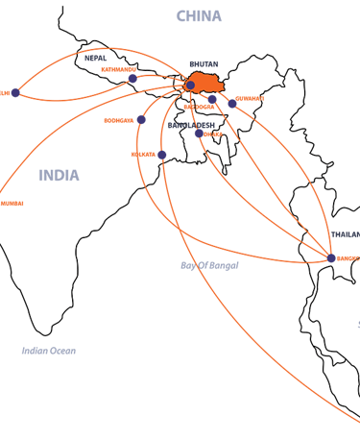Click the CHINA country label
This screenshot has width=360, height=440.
[x=199, y=16]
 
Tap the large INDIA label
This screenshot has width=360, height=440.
[x=60, y=176]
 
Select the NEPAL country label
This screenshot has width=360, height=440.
[x=95, y=58]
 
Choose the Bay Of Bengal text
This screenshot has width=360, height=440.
[x=209, y=264]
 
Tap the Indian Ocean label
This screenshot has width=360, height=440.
[x=48, y=351]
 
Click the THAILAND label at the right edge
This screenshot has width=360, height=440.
[x=345, y=234]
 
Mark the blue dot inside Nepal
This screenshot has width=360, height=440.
[x=132, y=79]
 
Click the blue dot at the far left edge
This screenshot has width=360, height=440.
[x=15, y=92]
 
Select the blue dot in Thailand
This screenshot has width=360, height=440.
[x=331, y=258]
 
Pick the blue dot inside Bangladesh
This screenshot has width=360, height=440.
[x=199, y=134]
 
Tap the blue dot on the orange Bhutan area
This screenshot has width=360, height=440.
[x=190, y=86]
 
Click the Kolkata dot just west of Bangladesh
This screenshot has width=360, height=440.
[x=161, y=155]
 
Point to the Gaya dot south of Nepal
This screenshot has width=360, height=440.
[x=141, y=120]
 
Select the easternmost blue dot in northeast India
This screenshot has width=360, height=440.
[x=232, y=103]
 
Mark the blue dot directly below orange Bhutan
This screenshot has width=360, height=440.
[x=212, y=98]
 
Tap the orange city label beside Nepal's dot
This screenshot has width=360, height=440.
[x=117, y=69]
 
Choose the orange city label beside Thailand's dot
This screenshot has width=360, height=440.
[x=348, y=258]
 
